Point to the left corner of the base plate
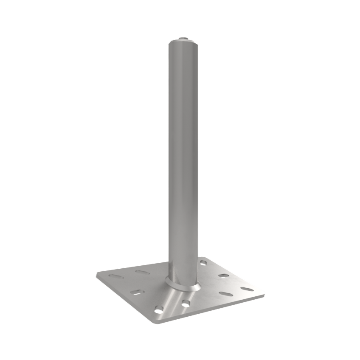click(x=97, y=275)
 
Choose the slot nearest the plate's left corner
click(x=116, y=276)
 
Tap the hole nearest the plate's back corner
click(x=203, y=262)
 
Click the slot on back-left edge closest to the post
click(x=143, y=272)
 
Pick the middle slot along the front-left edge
click(x=137, y=292)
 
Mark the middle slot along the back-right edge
click(x=224, y=275)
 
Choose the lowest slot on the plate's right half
click(x=226, y=294)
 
